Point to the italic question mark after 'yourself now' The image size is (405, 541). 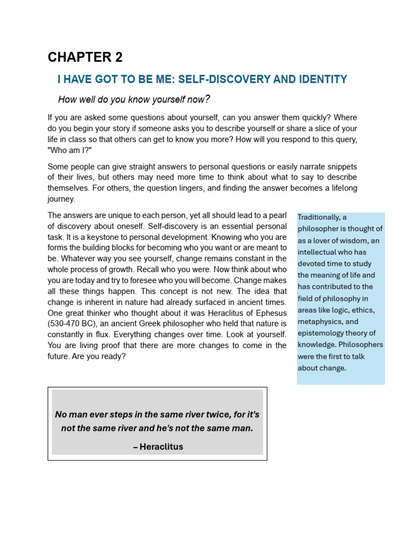click(208, 99)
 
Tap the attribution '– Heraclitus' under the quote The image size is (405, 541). click(158, 446)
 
